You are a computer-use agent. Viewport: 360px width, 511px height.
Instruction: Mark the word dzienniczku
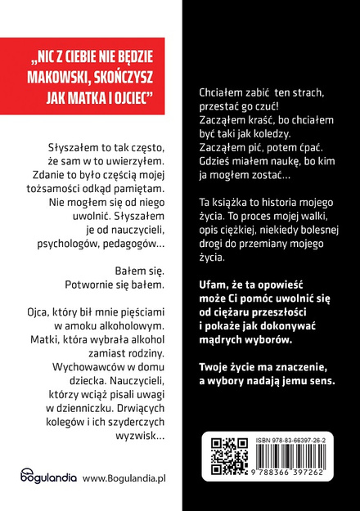[x=130, y=398]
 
